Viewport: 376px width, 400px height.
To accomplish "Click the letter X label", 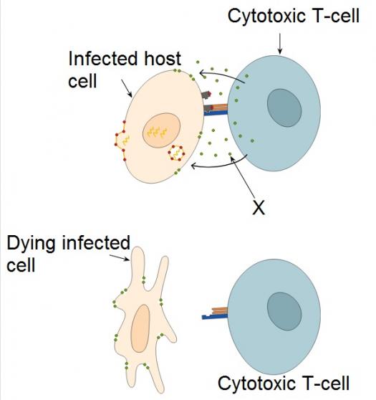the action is [x=259, y=207].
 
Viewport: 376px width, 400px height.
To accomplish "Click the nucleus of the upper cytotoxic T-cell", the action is [x=284, y=108].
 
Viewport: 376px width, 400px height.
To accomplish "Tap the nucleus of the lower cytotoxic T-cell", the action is [x=284, y=312].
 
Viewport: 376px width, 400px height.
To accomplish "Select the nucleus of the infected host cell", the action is [x=161, y=130].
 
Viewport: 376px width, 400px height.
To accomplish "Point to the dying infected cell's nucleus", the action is [x=140, y=328].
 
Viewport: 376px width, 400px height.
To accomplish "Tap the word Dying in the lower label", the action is [x=31, y=244].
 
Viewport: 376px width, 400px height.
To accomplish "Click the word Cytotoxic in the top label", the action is [x=266, y=16].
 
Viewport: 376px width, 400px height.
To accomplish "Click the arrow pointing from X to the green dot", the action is [x=243, y=177].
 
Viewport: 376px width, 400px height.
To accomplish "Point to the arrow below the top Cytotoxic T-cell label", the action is [x=280, y=43].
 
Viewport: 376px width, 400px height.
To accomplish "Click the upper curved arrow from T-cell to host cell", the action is [x=222, y=75].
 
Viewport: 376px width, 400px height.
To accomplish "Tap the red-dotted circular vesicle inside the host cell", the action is [x=176, y=153].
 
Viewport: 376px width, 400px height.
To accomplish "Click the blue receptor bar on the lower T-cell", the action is [x=214, y=317].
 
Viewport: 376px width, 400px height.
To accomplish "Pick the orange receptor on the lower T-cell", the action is [x=219, y=310].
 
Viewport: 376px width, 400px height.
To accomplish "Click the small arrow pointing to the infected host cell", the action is [x=127, y=88].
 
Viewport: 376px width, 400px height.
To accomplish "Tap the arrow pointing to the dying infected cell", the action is [x=120, y=257].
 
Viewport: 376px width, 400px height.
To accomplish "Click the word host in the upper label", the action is [x=163, y=59].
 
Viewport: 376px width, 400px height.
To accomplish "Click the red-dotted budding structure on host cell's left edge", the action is [x=120, y=141].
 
